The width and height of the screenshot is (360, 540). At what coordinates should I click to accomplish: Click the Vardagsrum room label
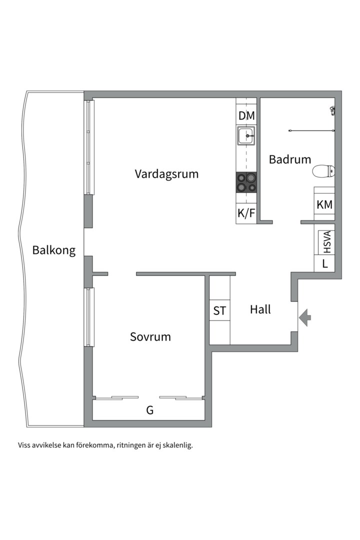pyautogui.click(x=166, y=174)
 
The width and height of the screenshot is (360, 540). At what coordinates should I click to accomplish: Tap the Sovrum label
pyautogui.click(x=150, y=336)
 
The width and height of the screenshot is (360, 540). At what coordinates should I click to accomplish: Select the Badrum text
pyautogui.click(x=289, y=159)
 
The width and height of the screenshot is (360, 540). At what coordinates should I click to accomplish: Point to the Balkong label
pyautogui.click(x=53, y=250)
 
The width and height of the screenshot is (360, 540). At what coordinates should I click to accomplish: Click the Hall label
pyautogui.click(x=260, y=309)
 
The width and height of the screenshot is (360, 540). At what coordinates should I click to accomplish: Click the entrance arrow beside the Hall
pyautogui.click(x=305, y=317)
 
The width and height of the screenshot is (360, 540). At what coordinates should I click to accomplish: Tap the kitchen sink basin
pyautogui.click(x=246, y=135)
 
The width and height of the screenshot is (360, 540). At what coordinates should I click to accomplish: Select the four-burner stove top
pyautogui.click(x=246, y=182)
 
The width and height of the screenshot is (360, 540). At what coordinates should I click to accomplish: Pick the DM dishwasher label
pyautogui.click(x=246, y=115)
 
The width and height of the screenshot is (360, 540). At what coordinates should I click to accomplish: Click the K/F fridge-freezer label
pyautogui.click(x=246, y=213)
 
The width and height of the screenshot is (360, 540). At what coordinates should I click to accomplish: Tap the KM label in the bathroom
pyautogui.click(x=324, y=204)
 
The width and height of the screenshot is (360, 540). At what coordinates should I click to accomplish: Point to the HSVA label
pyautogui.click(x=327, y=242)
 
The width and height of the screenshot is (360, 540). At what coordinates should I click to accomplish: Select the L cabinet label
pyautogui.click(x=325, y=264)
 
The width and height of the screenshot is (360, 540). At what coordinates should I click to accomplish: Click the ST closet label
pyautogui.click(x=219, y=311)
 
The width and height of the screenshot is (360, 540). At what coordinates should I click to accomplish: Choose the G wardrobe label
pyautogui.click(x=150, y=410)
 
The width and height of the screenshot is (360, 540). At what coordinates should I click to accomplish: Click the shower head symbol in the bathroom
pyautogui.click(x=332, y=110)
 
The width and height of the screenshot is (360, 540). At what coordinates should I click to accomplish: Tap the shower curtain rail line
pyautogui.click(x=311, y=130)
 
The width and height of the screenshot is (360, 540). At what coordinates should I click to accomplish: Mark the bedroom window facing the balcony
pyautogui.click(x=89, y=317)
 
